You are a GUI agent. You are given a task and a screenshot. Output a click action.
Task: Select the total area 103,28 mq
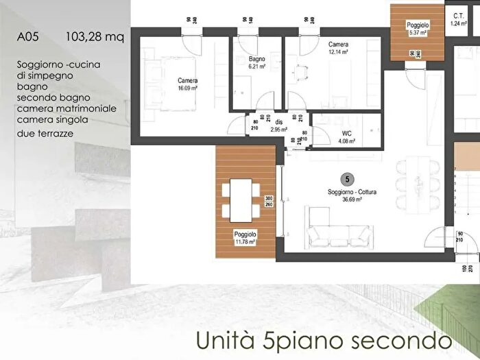point(95,37)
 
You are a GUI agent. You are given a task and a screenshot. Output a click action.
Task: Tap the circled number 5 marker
point(348,179)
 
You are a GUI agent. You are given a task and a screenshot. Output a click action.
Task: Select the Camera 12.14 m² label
point(337,47)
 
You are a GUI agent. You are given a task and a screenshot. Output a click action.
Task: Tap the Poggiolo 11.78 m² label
point(244,237)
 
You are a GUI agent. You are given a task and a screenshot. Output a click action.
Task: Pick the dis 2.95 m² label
point(278,125)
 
